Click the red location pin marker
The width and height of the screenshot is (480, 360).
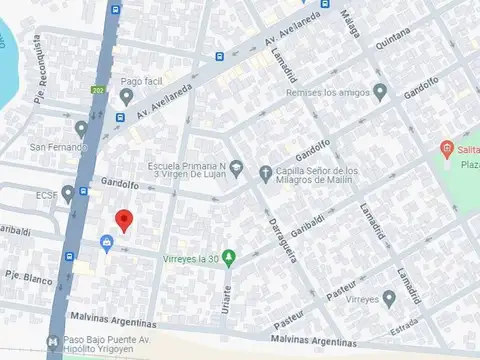coord(124,220)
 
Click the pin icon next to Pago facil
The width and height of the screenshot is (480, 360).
coord(126,96)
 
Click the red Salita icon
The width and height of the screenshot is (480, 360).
coord(446,151)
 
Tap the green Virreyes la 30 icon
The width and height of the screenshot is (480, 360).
coord(229,258)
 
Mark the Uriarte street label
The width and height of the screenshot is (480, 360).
coord(228,299)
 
